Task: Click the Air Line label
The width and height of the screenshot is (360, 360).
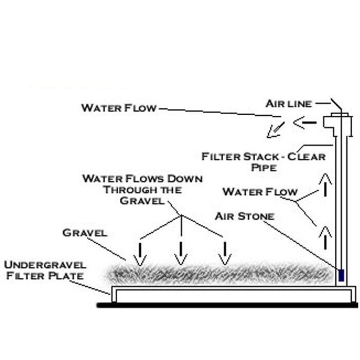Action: point(289,104)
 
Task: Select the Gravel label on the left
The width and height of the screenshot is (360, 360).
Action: point(85,233)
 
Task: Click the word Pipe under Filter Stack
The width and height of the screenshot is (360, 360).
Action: point(264,168)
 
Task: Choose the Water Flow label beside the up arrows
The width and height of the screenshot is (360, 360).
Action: point(260,192)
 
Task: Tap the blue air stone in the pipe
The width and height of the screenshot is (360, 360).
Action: point(341,274)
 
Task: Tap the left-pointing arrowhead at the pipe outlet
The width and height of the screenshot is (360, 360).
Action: point(299,122)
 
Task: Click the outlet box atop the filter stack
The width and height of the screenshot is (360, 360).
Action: point(337,123)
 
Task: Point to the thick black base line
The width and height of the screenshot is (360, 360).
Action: point(226,305)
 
